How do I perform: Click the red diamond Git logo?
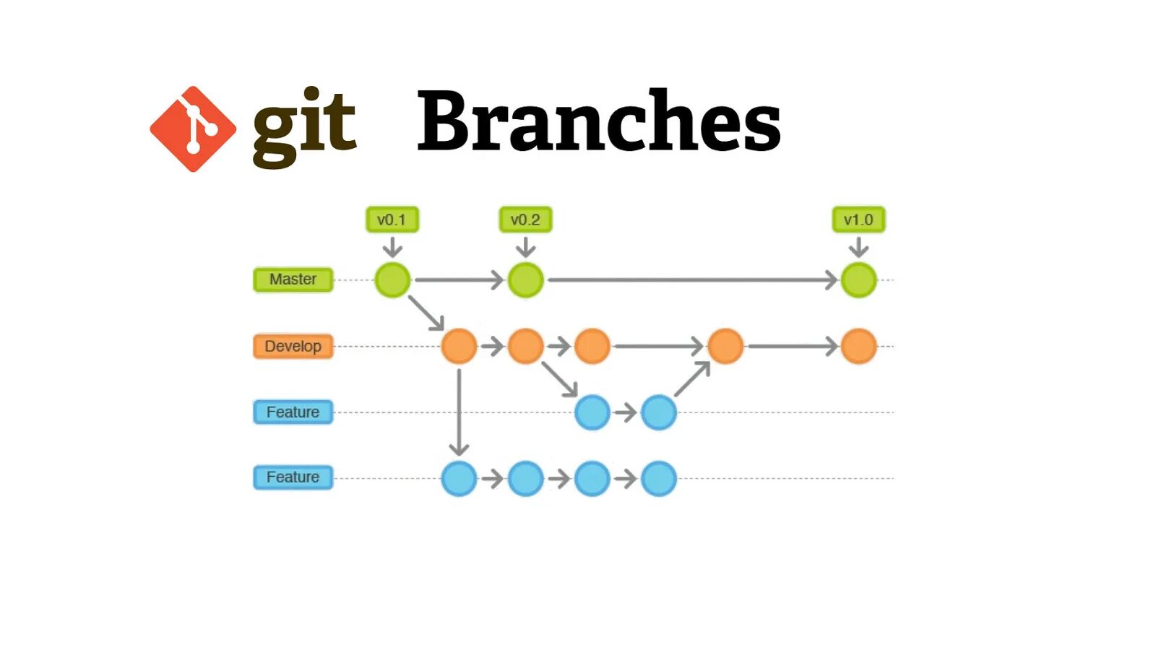point(193,129)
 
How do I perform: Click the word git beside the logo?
point(304,126)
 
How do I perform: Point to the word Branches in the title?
point(598,121)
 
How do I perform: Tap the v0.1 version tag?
point(392,220)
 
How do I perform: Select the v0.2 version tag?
point(525,220)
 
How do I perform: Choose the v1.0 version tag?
point(858,220)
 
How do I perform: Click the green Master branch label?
point(293,279)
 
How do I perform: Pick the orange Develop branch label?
point(293,346)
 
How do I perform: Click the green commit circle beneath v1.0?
point(858,280)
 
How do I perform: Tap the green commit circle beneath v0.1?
point(392,280)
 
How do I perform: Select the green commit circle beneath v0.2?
point(525,280)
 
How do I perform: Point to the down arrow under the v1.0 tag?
point(858,248)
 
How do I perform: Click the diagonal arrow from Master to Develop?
point(426,313)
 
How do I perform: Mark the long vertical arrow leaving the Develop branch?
point(459,412)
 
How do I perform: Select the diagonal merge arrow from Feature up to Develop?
point(692,379)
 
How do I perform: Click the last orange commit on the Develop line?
point(858,346)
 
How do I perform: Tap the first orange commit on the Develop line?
point(459,346)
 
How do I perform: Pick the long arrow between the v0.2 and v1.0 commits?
point(691,279)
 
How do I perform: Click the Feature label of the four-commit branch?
point(293,477)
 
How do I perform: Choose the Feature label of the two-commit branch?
point(293,412)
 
